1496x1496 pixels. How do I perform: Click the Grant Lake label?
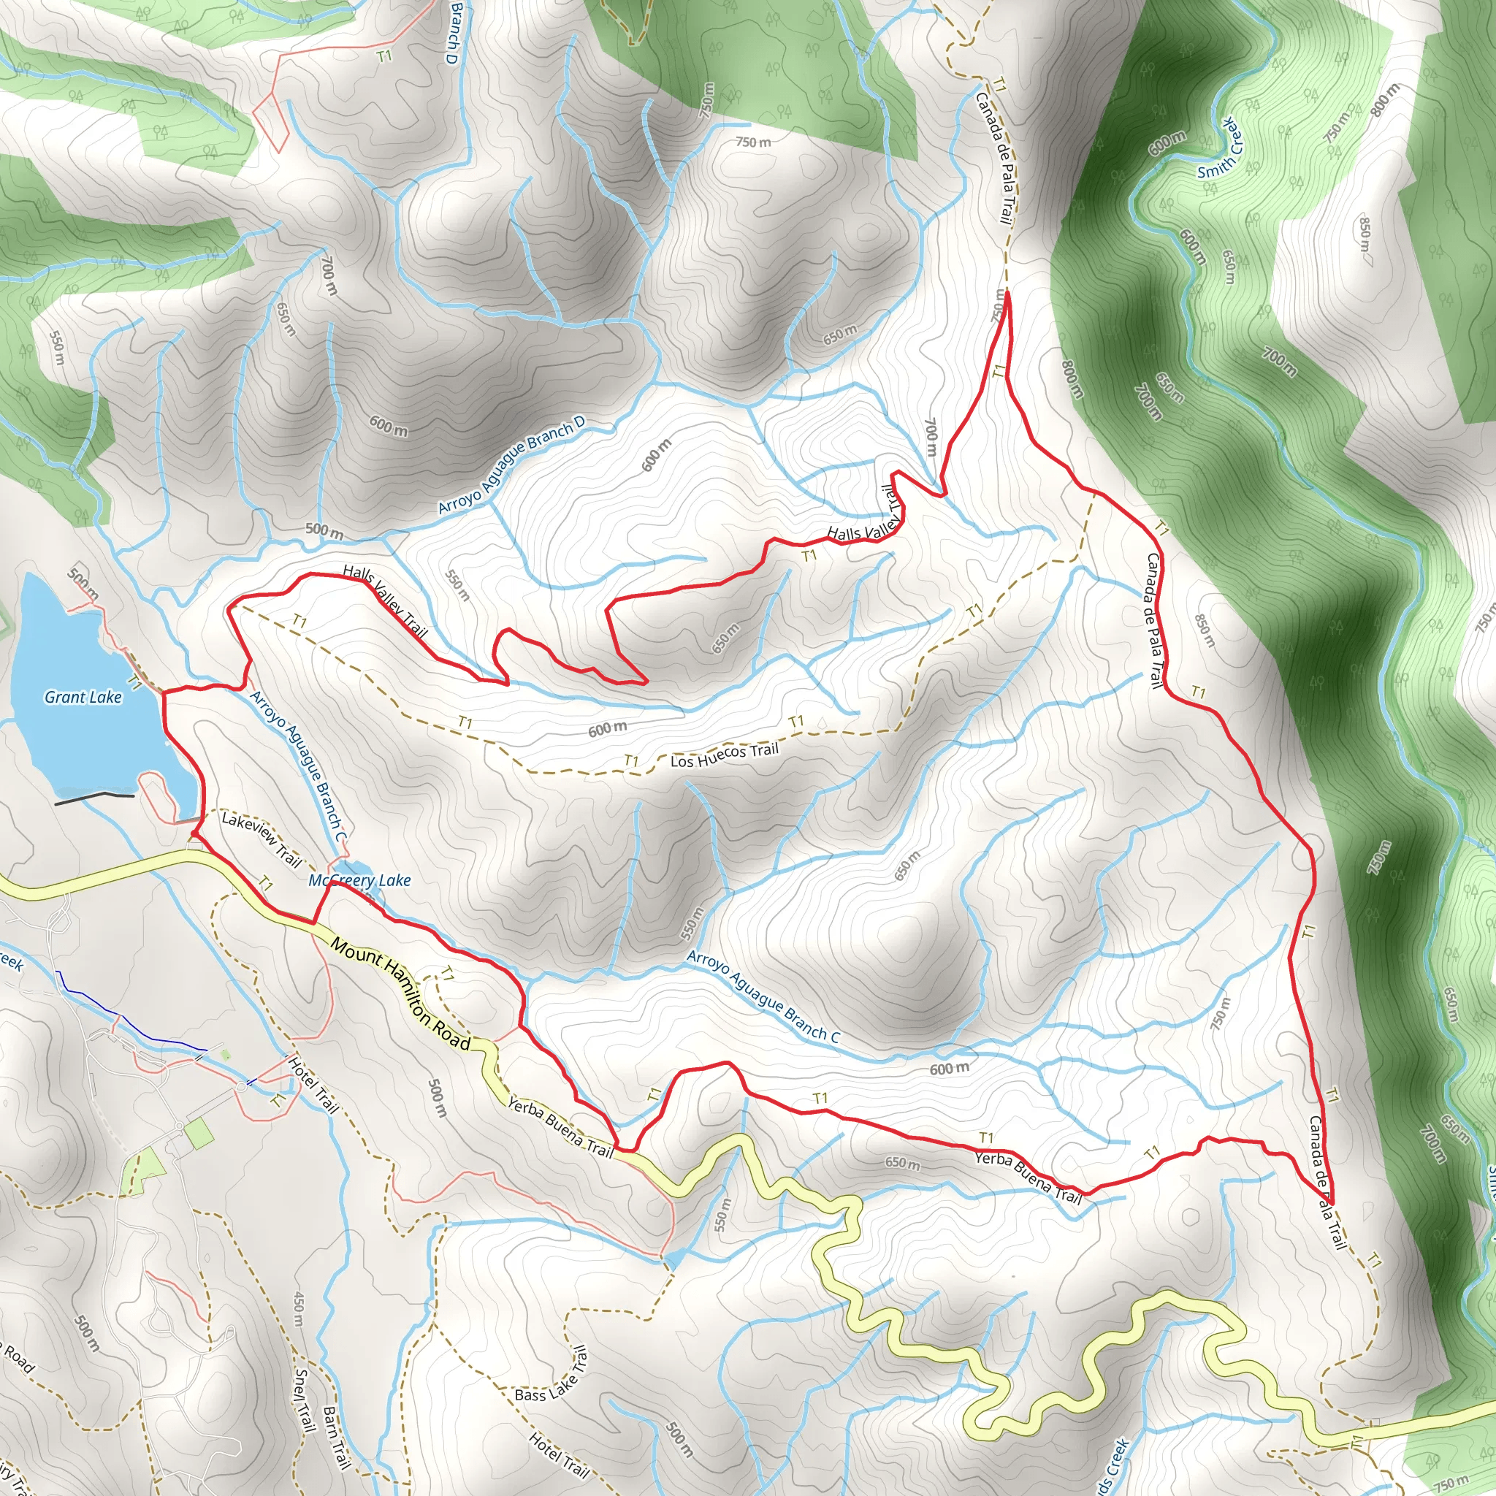click(x=83, y=697)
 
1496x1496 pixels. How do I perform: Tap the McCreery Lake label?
click(x=359, y=879)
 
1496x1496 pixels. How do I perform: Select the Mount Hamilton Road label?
click(x=400, y=994)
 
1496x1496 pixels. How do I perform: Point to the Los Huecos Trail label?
click(x=724, y=755)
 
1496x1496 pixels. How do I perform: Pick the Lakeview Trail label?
click(x=261, y=839)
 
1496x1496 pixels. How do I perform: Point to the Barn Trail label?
click(x=336, y=1437)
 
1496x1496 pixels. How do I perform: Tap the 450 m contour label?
click(x=299, y=1308)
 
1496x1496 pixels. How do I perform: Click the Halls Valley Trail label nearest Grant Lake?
click(x=385, y=601)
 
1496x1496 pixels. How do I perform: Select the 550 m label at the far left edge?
click(x=56, y=349)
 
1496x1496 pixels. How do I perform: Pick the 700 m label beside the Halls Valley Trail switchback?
click(x=931, y=438)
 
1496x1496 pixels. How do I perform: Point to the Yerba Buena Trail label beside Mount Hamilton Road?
click(x=560, y=1126)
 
